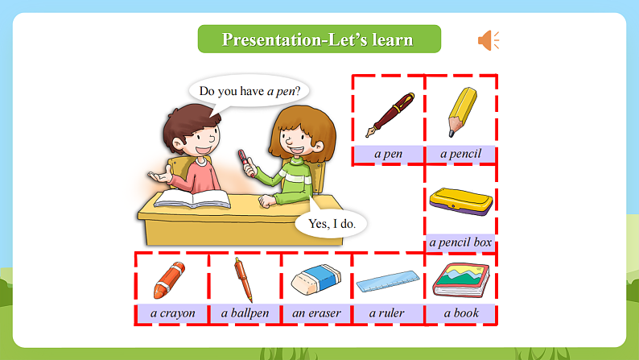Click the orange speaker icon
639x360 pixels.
(488, 40)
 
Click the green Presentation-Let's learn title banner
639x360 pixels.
(319, 39)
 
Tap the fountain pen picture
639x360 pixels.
(389, 114)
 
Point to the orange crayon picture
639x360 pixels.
(169, 279)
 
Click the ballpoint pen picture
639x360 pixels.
(243, 279)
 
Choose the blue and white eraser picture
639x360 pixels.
(316, 279)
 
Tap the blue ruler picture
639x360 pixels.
(390, 281)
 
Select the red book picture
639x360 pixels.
(460, 279)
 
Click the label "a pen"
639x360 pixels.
(389, 153)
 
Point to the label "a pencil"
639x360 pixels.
(460, 153)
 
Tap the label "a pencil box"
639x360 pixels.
(460, 242)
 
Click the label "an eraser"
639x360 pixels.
(316, 312)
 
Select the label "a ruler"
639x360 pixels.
(387, 312)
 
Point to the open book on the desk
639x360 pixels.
(192, 197)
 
